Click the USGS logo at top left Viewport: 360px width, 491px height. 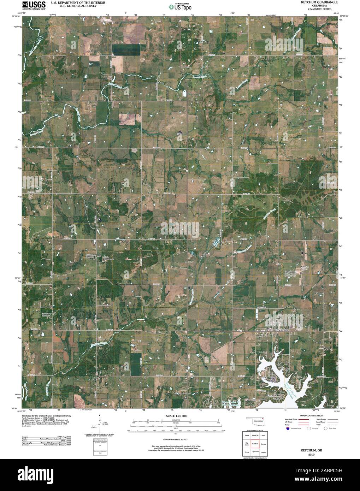(34, 5)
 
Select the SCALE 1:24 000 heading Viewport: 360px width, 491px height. (175, 417)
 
